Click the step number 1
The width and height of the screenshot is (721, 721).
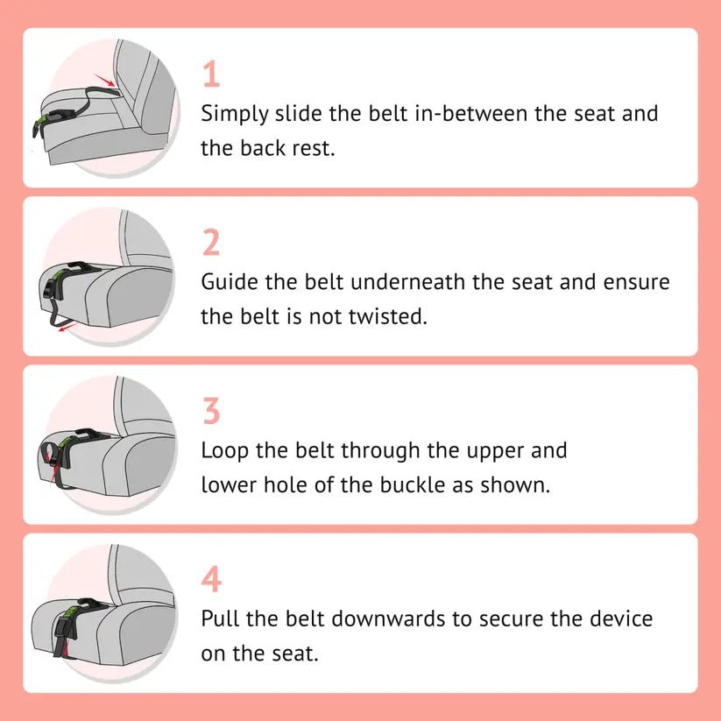[210, 74]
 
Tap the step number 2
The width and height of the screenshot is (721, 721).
[211, 243]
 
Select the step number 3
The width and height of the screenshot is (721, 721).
[211, 411]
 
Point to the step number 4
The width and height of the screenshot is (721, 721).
[211, 579]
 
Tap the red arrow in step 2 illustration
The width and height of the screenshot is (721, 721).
[62, 328]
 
